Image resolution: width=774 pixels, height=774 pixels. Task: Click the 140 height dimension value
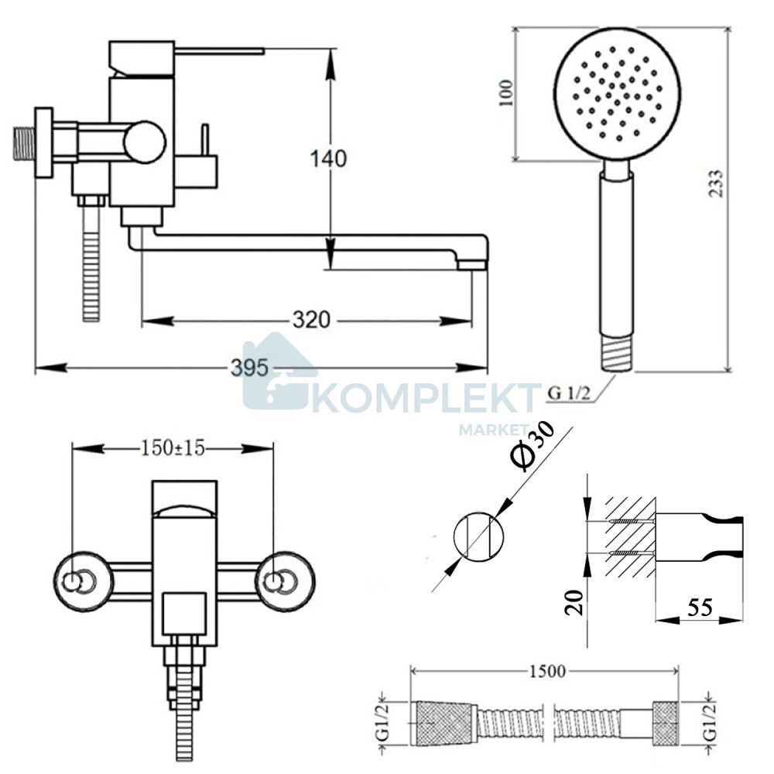[x=328, y=159]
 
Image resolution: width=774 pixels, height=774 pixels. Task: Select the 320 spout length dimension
[x=311, y=320]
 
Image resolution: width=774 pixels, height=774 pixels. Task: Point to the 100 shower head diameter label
[x=506, y=93]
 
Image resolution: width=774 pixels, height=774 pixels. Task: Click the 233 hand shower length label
[x=715, y=183]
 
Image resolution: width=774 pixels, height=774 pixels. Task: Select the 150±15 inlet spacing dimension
[x=173, y=448]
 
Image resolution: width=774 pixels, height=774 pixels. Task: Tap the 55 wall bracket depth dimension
[x=700, y=607]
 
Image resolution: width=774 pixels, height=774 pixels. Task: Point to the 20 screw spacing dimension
[x=574, y=603]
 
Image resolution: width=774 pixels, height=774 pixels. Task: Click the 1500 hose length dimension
[x=547, y=671]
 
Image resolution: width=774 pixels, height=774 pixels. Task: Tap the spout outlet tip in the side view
[x=471, y=265]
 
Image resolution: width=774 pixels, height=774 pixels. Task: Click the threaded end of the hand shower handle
[x=617, y=353]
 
